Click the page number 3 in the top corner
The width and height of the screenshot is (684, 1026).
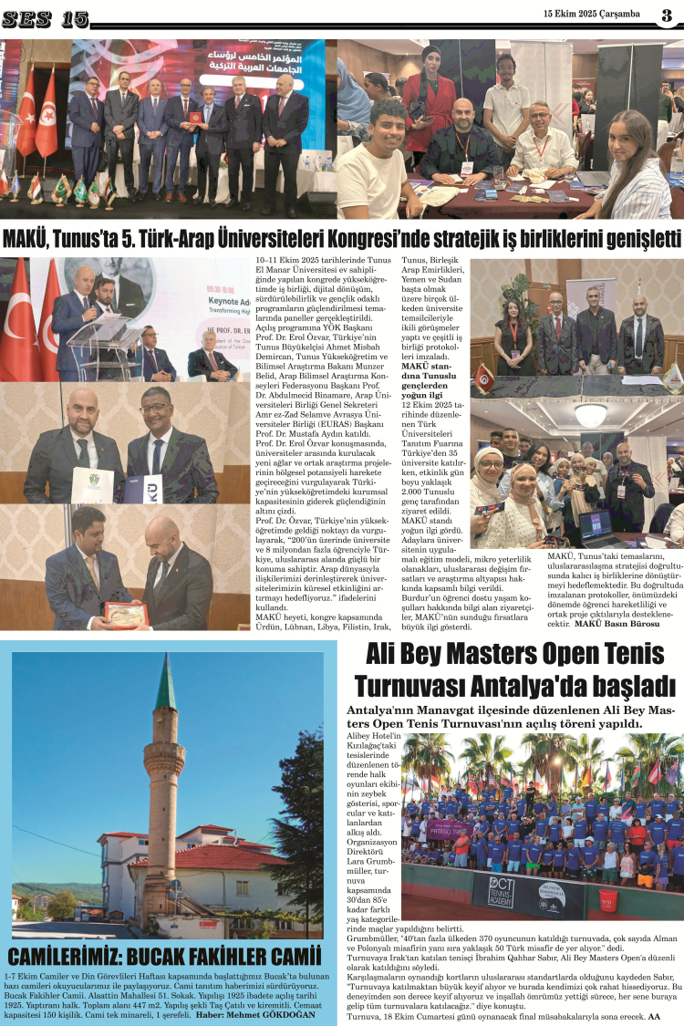click(x=667, y=15)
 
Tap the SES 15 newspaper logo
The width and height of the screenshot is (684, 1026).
click(x=45, y=18)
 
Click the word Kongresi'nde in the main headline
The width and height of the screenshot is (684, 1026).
click(x=405, y=239)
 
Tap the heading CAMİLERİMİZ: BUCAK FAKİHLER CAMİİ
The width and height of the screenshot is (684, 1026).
click(x=165, y=957)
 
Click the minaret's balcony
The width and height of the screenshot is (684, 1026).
click(x=164, y=760)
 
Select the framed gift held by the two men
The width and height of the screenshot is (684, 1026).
click(x=126, y=612)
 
